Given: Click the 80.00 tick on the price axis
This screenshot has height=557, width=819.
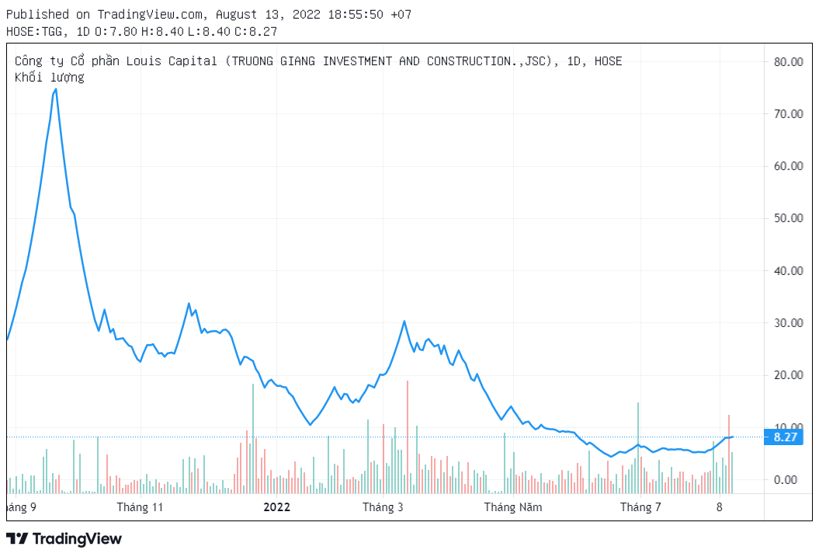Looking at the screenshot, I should click(788, 61).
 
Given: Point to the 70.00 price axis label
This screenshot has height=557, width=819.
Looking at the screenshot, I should click(788, 114).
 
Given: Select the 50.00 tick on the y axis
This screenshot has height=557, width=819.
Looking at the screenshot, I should click(788, 218).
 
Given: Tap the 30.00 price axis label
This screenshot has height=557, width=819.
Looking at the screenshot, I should click(788, 323).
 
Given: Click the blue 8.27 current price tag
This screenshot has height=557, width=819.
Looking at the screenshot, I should click(786, 437).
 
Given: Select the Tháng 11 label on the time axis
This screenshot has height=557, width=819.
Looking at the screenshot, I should click(140, 508).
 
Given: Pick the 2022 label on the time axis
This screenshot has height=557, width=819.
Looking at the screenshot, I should click(276, 508).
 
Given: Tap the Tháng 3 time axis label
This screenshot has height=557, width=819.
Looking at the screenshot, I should click(383, 508).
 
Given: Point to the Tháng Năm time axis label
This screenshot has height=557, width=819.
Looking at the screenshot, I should click(513, 508).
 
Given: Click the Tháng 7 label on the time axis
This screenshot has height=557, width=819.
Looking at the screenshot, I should click(640, 508).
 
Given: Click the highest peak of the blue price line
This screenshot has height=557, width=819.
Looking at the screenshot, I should click(55, 89).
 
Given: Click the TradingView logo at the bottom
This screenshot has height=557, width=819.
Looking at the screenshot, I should click(64, 538).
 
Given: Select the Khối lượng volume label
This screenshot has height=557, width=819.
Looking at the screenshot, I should click(50, 77).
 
